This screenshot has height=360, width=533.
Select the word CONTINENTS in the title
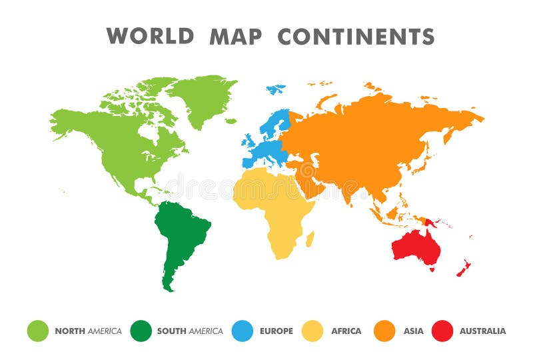coord(356,36)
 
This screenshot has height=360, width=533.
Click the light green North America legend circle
coord(37,331)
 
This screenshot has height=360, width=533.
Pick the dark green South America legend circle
coord(141,331)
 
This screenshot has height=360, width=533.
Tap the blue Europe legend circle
coord(243,331)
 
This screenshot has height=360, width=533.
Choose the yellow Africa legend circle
coord(312,331)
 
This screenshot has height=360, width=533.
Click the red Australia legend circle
coord(442,331)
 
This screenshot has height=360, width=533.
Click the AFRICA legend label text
coord(346,331)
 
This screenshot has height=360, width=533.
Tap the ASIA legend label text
coord(412,331)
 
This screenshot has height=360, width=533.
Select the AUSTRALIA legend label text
coord(482,331)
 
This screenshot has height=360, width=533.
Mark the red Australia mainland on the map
coord(417,247)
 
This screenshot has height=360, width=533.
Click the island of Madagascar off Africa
coord(310,237)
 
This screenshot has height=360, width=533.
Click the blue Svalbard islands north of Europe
coord(275,88)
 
